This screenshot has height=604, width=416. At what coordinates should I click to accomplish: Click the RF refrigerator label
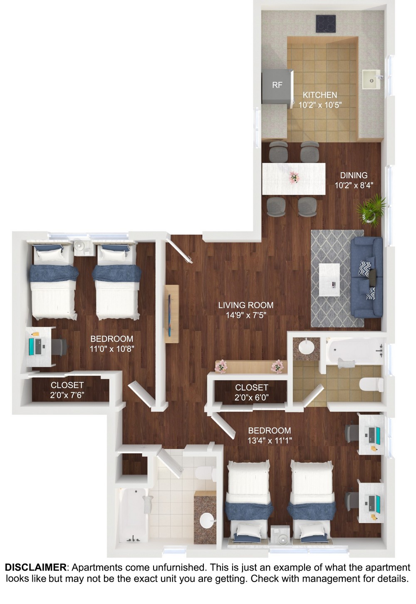tap(277, 85)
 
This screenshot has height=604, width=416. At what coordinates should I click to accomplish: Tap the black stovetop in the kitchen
tap(326, 24)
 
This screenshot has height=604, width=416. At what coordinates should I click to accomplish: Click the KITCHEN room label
tap(320, 95)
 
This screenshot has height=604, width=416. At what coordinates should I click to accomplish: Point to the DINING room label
tap(354, 175)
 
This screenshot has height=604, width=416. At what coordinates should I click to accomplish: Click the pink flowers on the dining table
tap(294, 177)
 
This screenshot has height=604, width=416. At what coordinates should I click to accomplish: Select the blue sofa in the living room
tap(366, 277)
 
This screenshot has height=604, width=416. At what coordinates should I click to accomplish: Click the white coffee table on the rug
tap(329, 280)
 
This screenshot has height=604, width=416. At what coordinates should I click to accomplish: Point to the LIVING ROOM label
tap(246, 305)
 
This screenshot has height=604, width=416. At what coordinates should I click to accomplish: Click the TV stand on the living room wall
tap(172, 314)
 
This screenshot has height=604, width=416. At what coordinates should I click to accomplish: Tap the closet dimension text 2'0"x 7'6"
tap(67, 395)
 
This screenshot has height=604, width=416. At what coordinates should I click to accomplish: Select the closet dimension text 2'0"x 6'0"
tap(251, 398)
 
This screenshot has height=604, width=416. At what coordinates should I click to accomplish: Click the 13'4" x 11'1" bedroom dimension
tap(270, 440)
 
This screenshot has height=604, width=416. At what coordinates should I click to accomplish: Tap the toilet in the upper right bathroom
tap(371, 385)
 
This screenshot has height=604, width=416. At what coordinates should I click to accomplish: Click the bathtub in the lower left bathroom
tap(134, 515)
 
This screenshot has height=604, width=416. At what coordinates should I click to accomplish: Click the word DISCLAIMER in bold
tap(35, 567)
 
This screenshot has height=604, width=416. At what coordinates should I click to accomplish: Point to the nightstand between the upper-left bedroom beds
tap(84, 248)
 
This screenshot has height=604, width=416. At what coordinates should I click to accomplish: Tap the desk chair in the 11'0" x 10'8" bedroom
tap(59, 347)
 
